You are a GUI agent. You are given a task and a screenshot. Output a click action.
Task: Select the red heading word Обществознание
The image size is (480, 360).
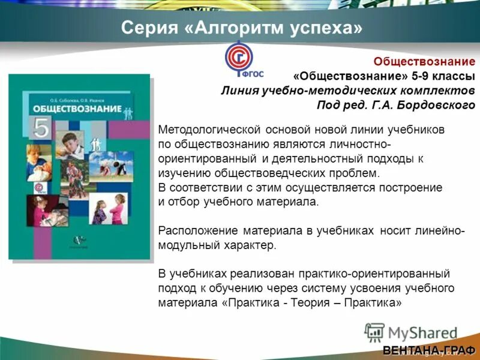coord(424,62)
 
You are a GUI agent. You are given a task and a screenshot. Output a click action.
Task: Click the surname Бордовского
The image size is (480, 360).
coord(434,105)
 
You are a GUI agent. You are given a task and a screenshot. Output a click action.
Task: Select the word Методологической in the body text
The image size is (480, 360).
coord(208,130)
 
